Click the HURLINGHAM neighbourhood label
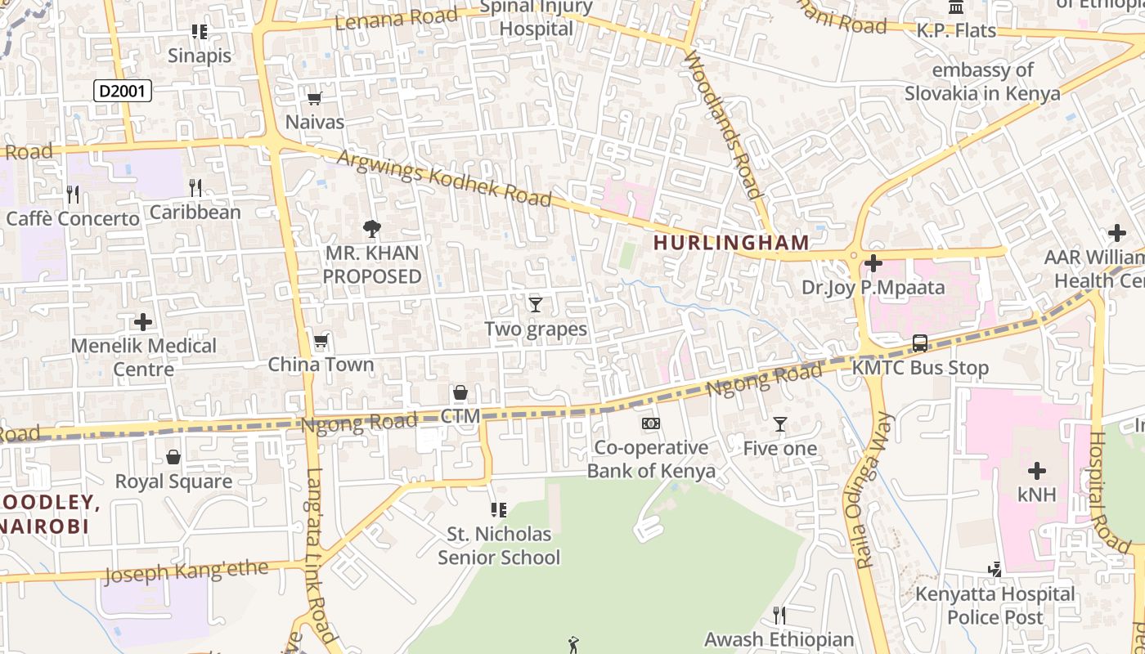click(x=731, y=243)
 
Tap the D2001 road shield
click(x=123, y=91)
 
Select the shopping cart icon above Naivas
click(x=314, y=99)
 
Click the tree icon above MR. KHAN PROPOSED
click(x=372, y=228)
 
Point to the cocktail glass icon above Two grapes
click(x=536, y=305)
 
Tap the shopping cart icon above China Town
click(x=321, y=341)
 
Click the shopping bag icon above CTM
click(x=460, y=393)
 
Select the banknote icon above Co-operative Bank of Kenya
click(x=651, y=423)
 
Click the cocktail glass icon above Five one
click(x=779, y=424)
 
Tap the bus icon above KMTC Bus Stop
click(x=920, y=343)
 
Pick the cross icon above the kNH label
click(x=1036, y=471)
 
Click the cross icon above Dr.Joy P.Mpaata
click(x=873, y=263)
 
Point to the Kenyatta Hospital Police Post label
click(x=995, y=605)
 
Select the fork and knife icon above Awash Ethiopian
click(x=779, y=615)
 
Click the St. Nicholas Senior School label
click(x=499, y=545)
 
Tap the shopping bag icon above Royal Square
click(x=173, y=457)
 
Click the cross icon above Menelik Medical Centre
click(x=143, y=321)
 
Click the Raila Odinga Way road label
click(x=875, y=490)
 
